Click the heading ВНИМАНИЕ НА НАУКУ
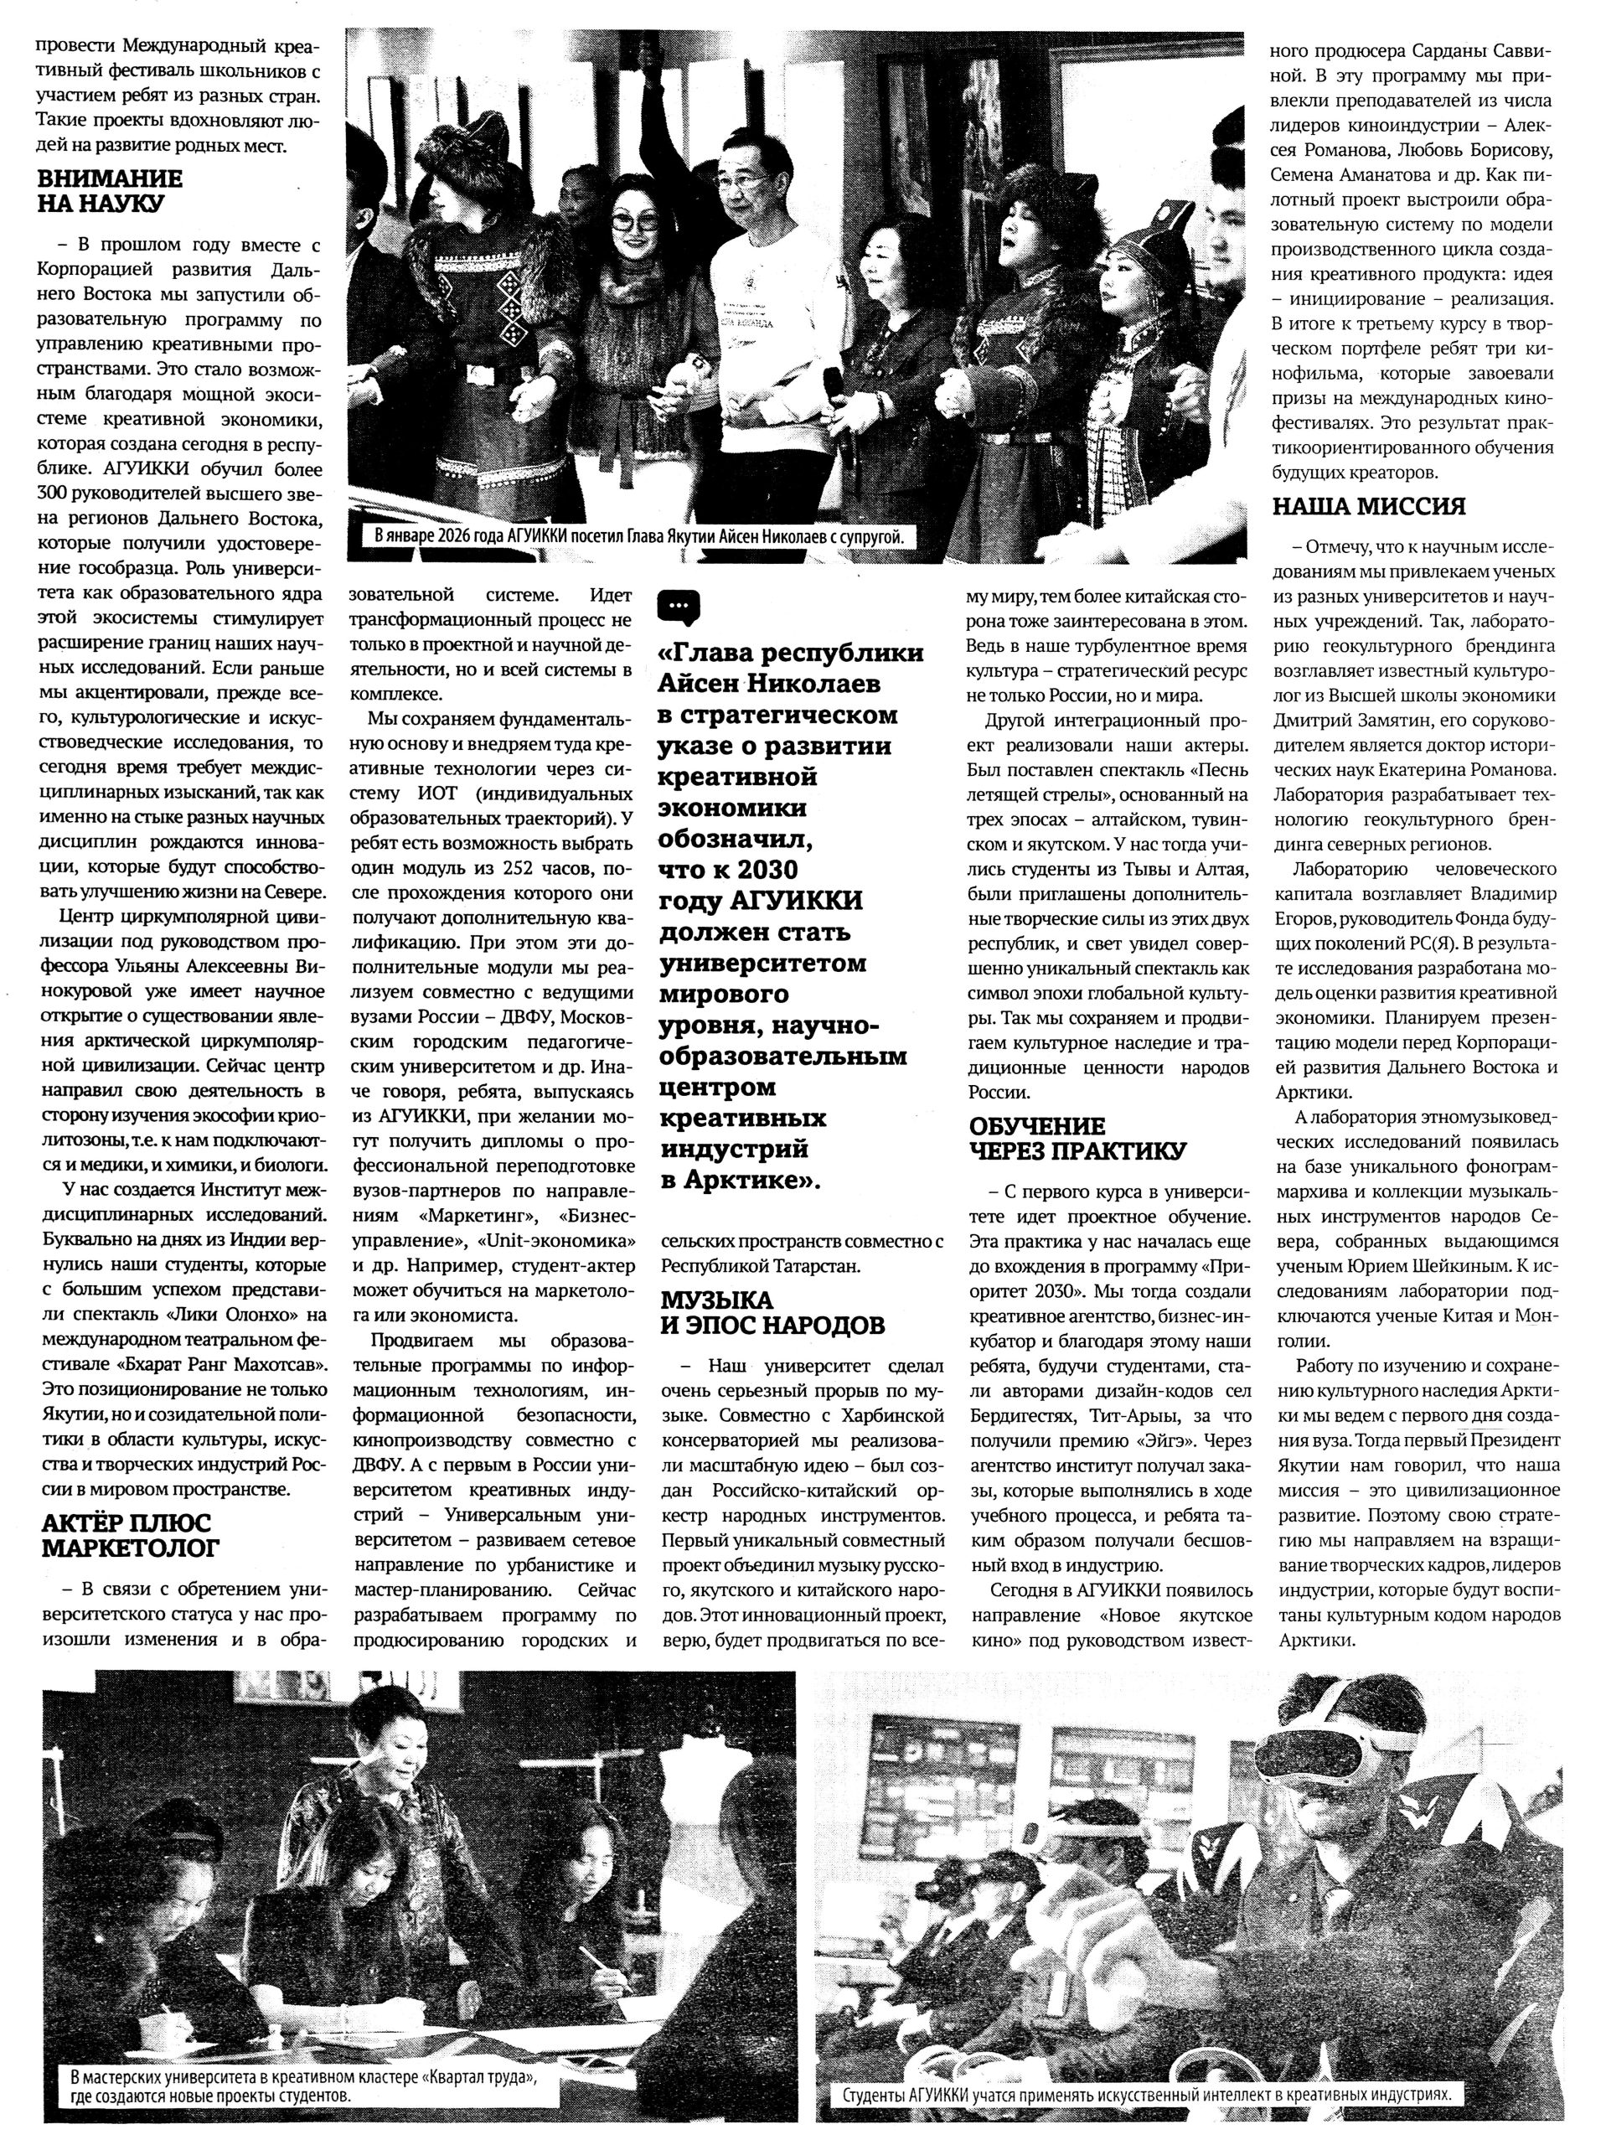point(110,191)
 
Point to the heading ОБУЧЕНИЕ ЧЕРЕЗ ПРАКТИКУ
point(1077,1139)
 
